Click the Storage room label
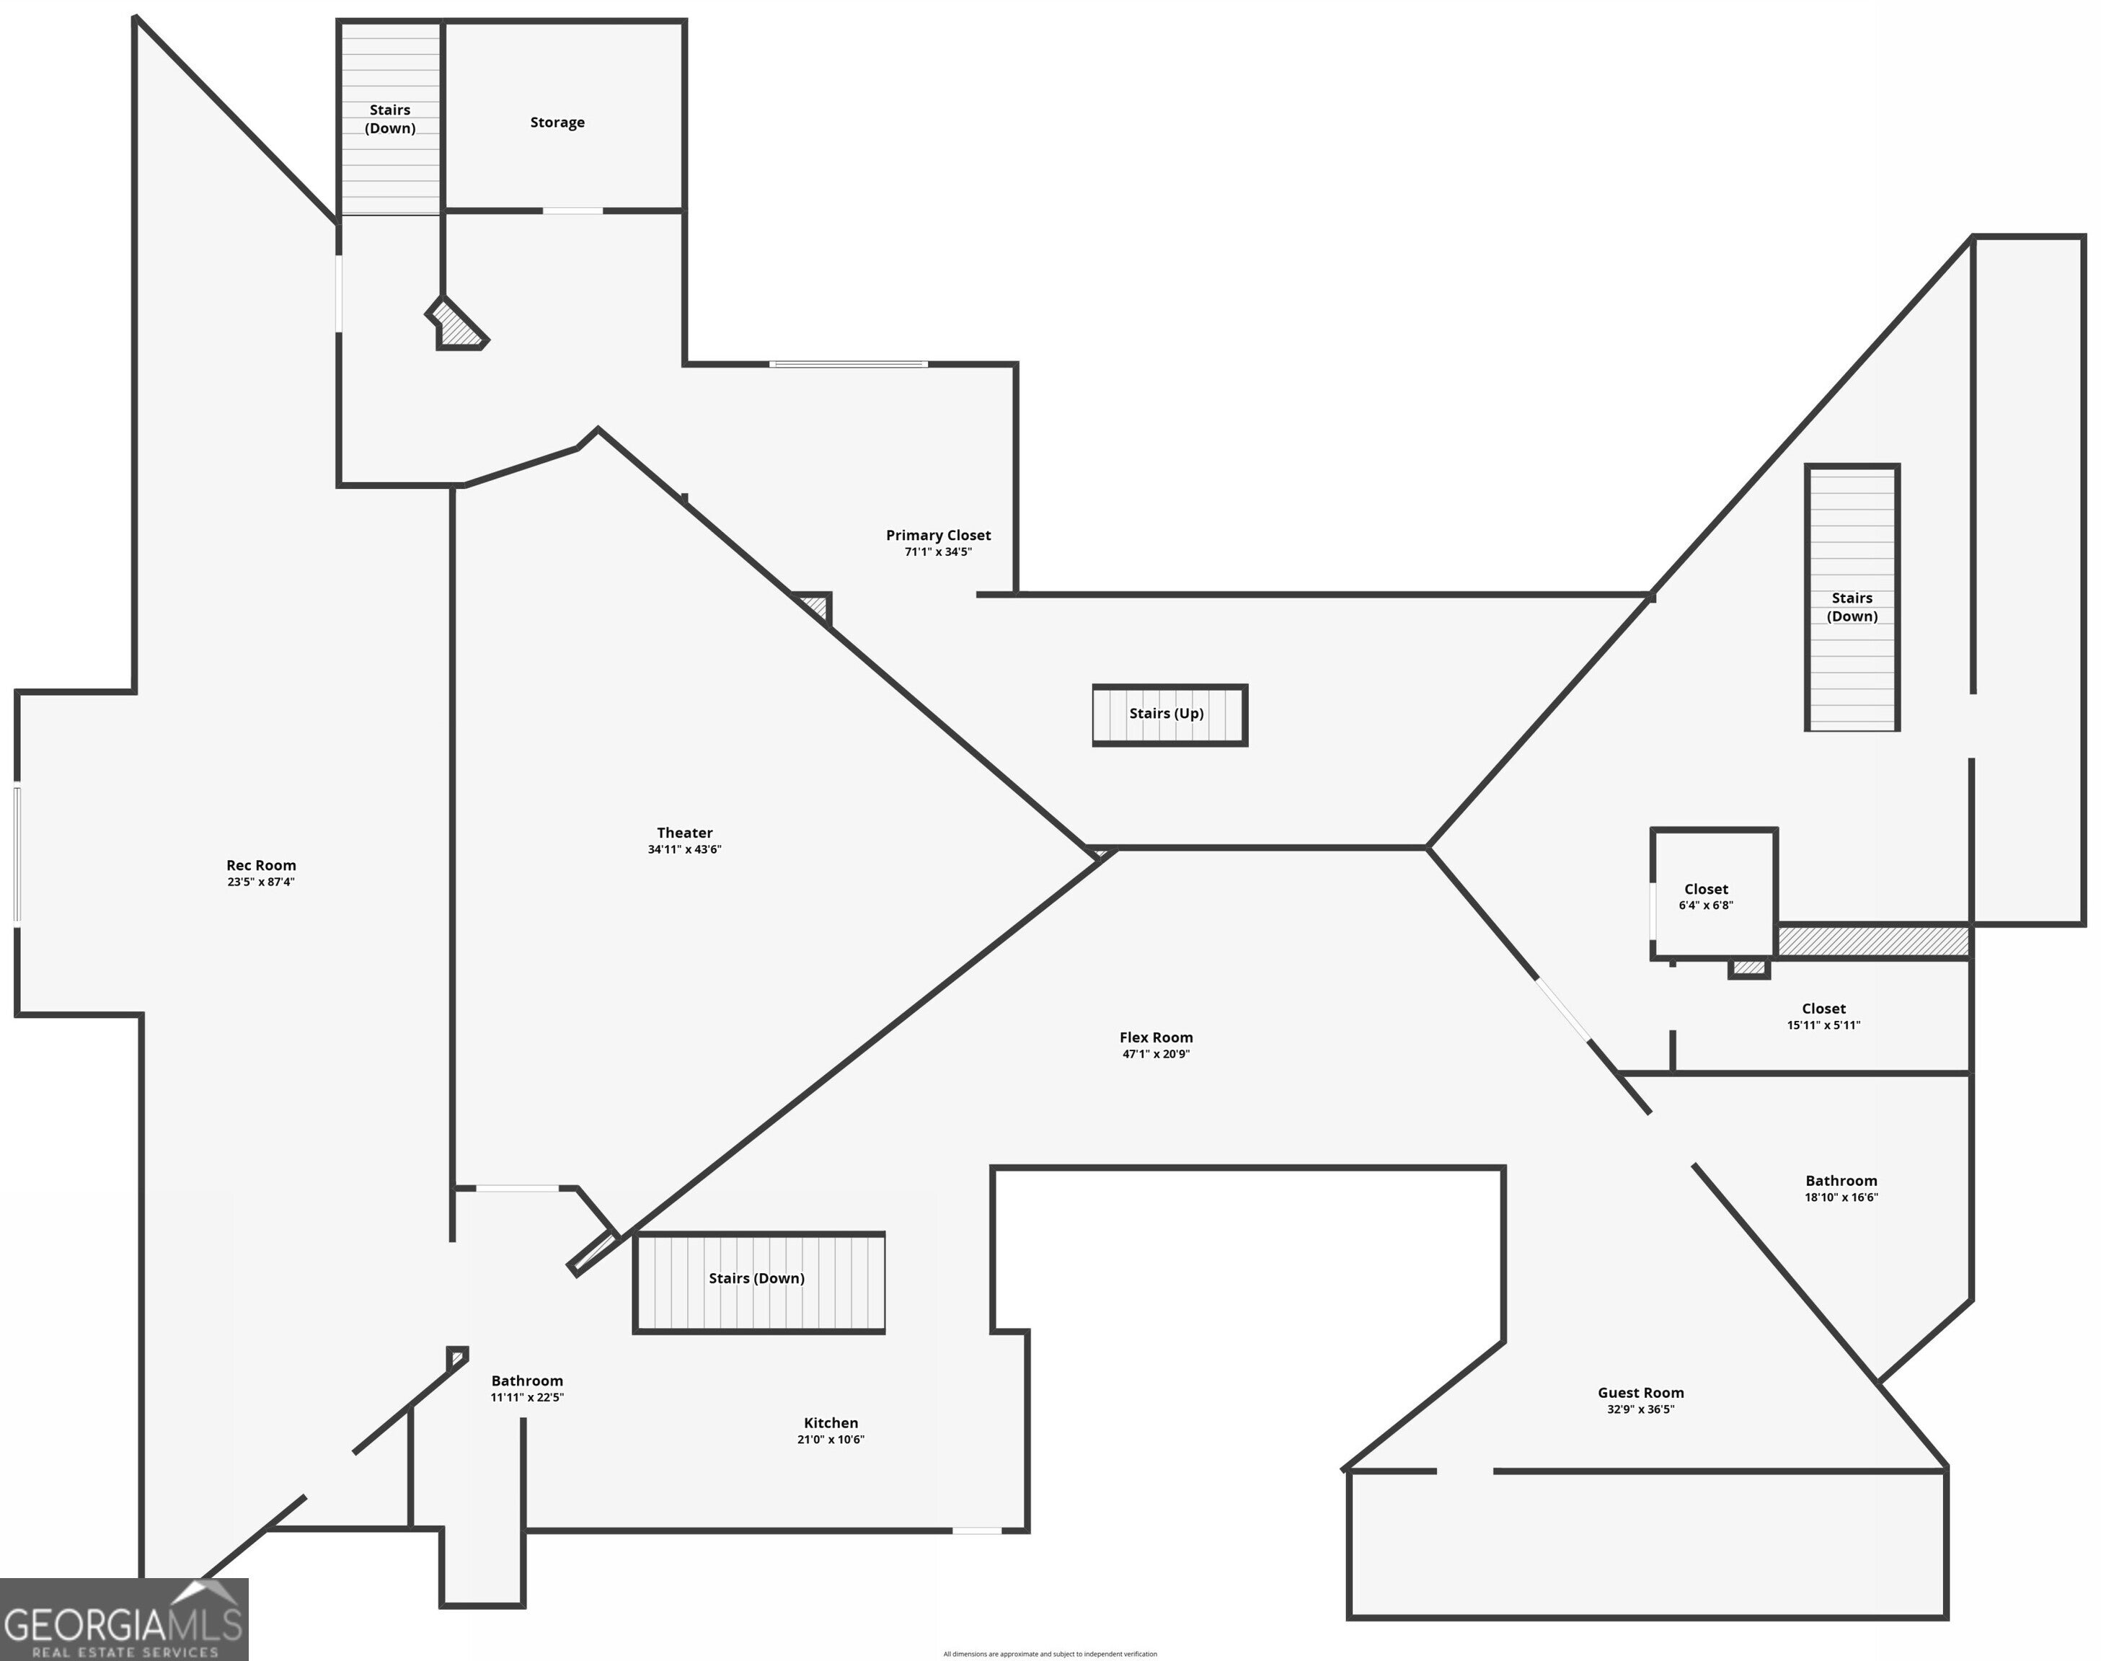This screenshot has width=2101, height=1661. (557, 123)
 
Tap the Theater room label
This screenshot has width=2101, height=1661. (685, 833)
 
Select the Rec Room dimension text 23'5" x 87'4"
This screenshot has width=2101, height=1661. (261, 882)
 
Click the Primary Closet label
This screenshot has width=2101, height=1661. (938, 535)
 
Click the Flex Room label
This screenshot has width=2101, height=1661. (1156, 1037)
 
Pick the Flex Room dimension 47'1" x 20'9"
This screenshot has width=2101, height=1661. (1156, 1054)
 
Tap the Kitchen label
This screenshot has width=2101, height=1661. (831, 1423)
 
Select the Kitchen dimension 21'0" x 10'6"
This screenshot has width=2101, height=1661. (831, 1439)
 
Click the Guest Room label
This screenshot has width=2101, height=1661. (1640, 1393)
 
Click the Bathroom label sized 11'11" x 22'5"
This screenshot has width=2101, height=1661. (527, 1381)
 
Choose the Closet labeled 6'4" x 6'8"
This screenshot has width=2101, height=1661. (1706, 889)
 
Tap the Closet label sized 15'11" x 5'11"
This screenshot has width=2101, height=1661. (1823, 1009)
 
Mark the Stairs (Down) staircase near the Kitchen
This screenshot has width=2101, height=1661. (758, 1279)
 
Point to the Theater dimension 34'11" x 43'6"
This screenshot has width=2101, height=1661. (685, 850)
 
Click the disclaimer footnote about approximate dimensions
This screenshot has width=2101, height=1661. (1050, 1653)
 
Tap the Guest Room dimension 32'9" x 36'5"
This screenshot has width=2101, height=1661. (1640, 1409)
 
